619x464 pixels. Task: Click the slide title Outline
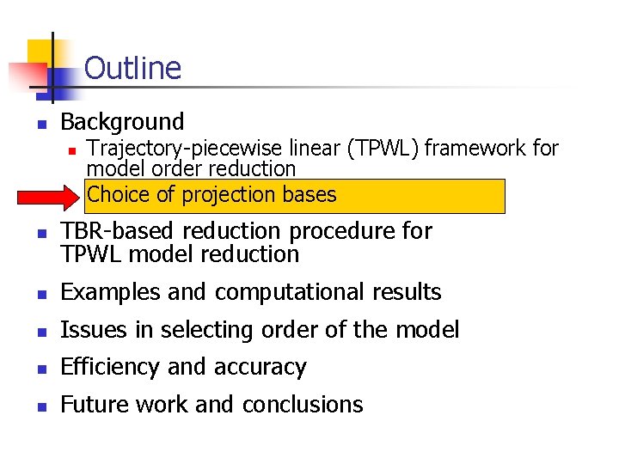pyautogui.click(x=133, y=68)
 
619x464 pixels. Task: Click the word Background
pyautogui.click(x=123, y=122)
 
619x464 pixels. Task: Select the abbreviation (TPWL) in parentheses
pyautogui.click(x=383, y=149)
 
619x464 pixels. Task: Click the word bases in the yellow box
pyautogui.click(x=311, y=195)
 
